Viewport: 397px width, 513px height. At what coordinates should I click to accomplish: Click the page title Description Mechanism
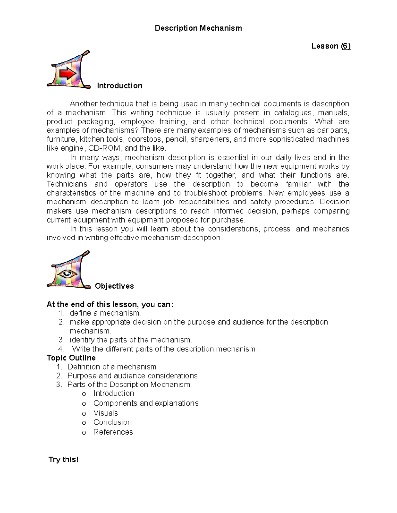point(198,28)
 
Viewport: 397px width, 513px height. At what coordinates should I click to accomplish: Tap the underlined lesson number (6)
point(346,46)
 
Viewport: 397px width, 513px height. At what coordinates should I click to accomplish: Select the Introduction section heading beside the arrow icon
point(119,86)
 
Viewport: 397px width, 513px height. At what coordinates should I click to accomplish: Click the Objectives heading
point(114,286)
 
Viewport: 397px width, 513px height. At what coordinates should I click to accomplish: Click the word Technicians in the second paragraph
point(67,184)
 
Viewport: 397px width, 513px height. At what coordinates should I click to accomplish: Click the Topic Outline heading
point(71,358)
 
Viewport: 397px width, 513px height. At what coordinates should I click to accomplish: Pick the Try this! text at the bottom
point(64,459)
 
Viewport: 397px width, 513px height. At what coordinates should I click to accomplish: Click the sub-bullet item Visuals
point(106,413)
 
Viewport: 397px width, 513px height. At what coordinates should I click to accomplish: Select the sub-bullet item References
point(113,432)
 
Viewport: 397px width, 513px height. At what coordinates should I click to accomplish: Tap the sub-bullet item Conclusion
point(112,422)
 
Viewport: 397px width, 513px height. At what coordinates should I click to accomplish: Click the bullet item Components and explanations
point(146,403)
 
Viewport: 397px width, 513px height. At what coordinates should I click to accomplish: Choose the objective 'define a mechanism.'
point(106,313)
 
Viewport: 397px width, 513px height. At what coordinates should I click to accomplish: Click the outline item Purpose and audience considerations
point(132,376)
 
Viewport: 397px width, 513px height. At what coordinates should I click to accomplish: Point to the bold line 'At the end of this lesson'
point(110,304)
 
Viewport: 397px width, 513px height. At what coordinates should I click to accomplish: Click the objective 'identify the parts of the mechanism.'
point(131,340)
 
